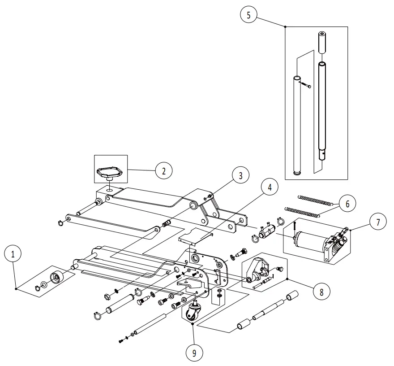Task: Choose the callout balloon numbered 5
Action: pos(248,15)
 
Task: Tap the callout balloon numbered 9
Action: pos(193,353)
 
